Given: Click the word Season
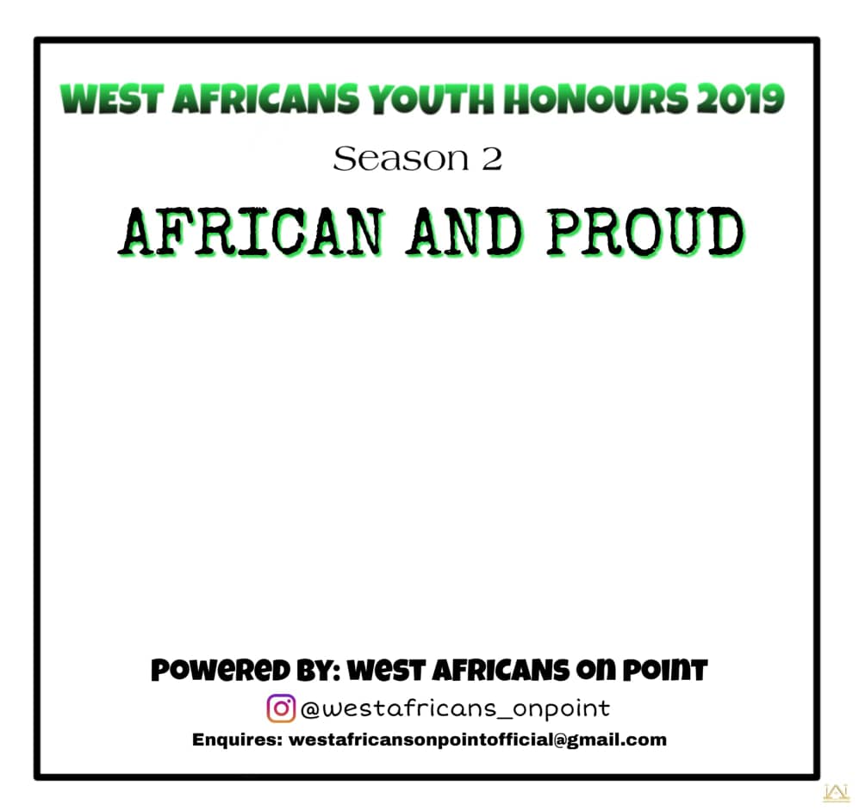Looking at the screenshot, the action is pos(401,159).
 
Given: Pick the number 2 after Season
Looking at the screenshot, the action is pos(492,159).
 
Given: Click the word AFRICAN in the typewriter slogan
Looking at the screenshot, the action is pos(252,233).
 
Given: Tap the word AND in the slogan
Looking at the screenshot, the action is pos(464,233).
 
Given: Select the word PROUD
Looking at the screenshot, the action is pos(646,233).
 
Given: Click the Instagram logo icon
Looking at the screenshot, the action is pos(281,708).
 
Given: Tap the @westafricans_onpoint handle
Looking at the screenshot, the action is pos(455,709).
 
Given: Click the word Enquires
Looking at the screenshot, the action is pos(237,739).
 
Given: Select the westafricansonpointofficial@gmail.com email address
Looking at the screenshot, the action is pos(477,740).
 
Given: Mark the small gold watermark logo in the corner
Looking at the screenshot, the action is pos(836,793).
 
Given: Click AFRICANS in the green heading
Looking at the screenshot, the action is pos(266,99).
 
